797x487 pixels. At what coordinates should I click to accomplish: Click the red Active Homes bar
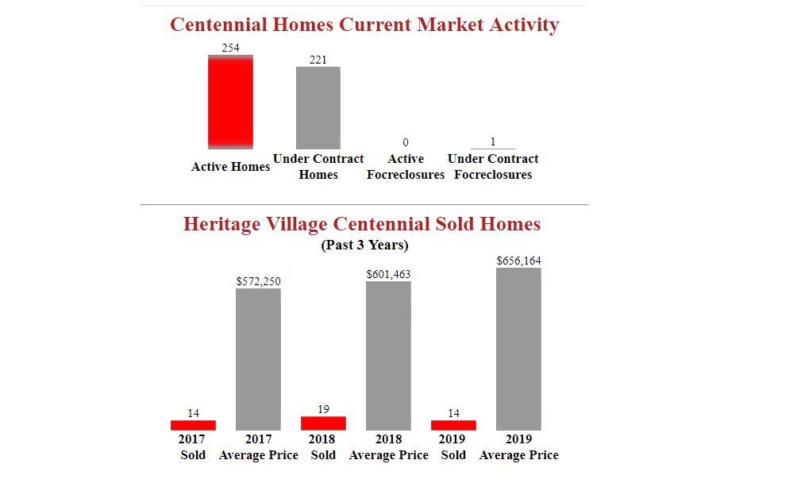click(x=231, y=102)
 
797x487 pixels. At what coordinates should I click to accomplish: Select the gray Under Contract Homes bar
click(x=318, y=107)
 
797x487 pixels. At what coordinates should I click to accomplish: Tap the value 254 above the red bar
click(x=231, y=48)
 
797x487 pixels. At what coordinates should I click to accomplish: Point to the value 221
click(x=318, y=60)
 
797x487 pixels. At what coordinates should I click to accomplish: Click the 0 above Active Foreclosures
click(x=406, y=142)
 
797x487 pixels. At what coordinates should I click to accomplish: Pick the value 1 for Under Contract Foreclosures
click(x=493, y=141)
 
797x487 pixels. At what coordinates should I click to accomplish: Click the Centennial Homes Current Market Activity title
click(x=364, y=25)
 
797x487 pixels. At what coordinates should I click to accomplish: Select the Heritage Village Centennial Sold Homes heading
click(x=362, y=224)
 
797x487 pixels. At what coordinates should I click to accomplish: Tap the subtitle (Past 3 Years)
click(x=364, y=245)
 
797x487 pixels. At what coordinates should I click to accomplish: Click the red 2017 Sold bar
click(x=193, y=425)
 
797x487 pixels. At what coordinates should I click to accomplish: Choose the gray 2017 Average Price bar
click(x=259, y=359)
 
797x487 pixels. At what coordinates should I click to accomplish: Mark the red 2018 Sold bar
click(x=323, y=423)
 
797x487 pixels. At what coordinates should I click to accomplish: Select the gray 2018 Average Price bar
click(x=388, y=355)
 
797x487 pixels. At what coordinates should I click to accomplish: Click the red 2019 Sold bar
click(x=453, y=425)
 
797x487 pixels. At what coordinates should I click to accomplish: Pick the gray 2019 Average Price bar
click(x=518, y=349)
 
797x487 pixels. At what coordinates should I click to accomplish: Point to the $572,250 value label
click(x=259, y=281)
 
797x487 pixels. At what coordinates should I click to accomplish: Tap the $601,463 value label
click(x=388, y=274)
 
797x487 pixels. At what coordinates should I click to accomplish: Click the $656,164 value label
click(x=518, y=261)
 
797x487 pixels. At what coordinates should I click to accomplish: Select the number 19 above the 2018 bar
click(x=323, y=409)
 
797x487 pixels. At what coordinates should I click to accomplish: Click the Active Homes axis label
click(x=231, y=167)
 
